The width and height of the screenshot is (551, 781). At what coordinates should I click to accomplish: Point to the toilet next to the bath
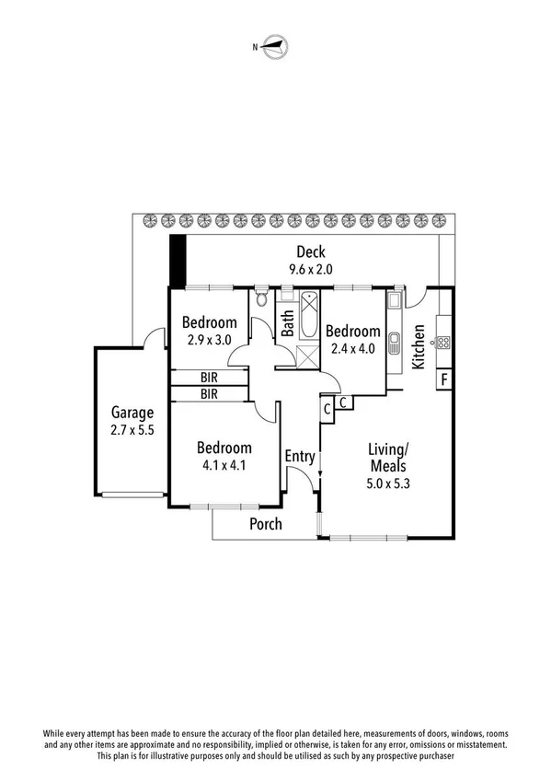coord(262,297)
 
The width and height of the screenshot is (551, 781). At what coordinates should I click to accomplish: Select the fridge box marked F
coord(443,379)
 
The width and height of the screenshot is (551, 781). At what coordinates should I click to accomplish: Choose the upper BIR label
coord(209,378)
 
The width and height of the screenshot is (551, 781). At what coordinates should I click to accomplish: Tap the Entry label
coord(300,456)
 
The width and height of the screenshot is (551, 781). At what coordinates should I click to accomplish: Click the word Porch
coord(266,524)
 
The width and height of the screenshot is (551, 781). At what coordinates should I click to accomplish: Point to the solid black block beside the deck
coord(178,262)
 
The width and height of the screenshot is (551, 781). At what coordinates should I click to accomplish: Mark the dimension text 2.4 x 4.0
coord(352,348)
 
